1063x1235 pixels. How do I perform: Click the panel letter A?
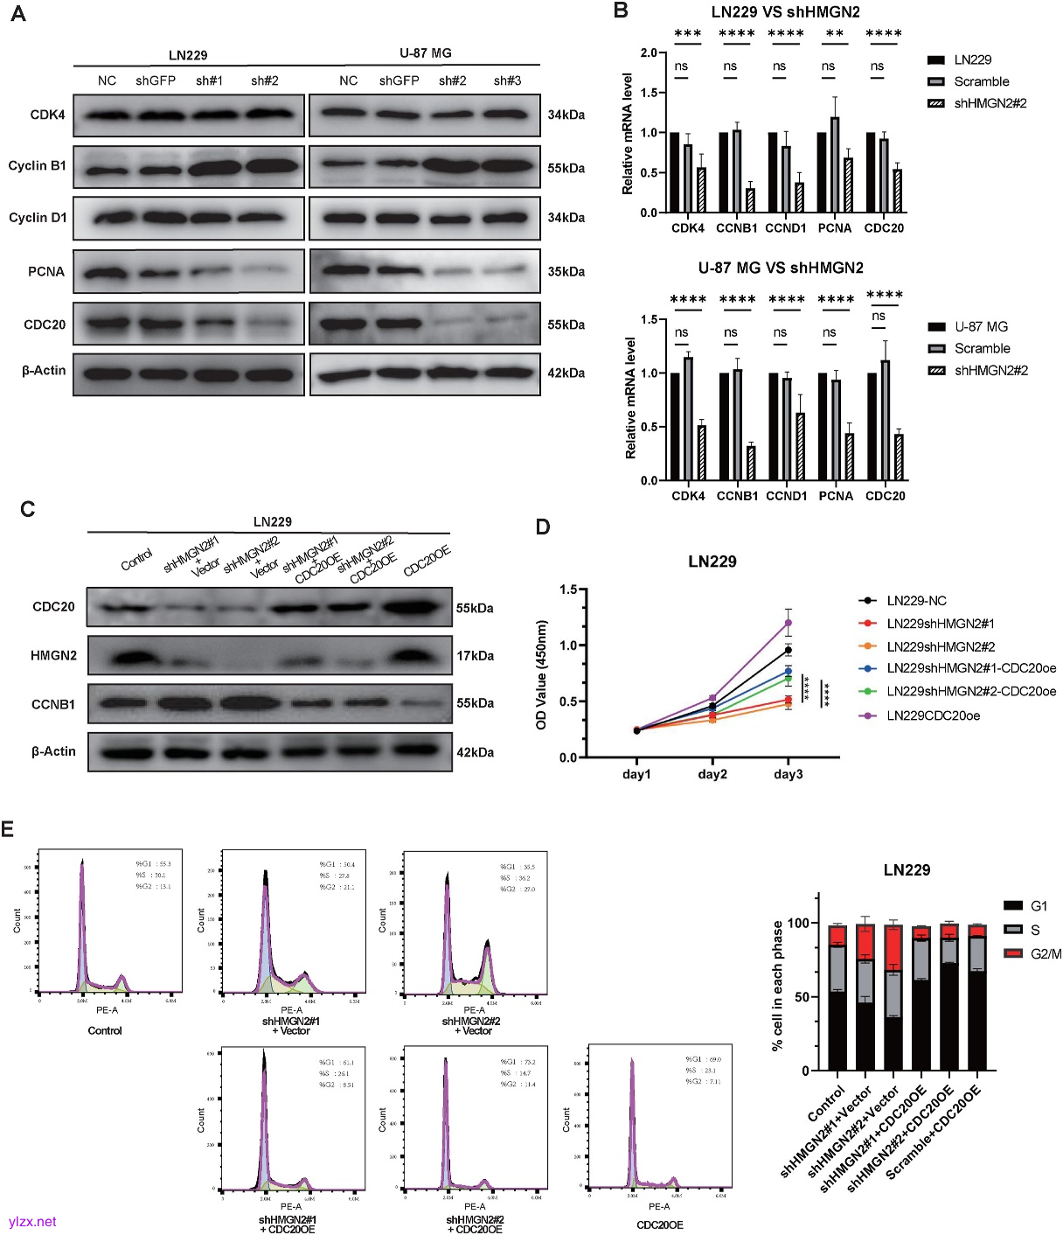point(17,14)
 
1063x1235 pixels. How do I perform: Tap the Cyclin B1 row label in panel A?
point(38,165)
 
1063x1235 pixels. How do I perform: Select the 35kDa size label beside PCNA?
point(566,271)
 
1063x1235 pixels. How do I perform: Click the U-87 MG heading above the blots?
point(426,53)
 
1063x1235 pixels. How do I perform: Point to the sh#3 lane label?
point(507,80)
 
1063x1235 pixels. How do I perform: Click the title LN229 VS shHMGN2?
point(785,11)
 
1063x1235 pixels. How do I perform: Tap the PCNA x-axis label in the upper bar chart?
point(834,228)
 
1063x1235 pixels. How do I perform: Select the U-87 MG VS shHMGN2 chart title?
point(781,268)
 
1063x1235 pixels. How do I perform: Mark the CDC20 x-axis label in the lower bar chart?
point(885,496)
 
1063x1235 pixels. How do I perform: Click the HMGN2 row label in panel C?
point(53,655)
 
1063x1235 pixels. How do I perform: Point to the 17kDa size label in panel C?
point(475,655)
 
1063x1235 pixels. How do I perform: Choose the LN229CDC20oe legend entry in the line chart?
point(933,715)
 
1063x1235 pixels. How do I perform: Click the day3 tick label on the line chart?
point(788,774)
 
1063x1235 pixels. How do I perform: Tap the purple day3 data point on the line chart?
point(788,623)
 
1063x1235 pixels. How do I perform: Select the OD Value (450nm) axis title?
point(542,674)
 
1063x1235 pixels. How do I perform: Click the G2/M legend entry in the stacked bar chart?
point(1046,953)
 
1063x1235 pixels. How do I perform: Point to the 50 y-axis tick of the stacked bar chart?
point(799,997)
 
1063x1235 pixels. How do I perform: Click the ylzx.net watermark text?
point(32,1221)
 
